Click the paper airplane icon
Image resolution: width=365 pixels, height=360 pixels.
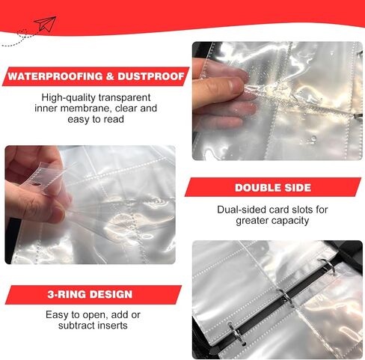point(46,24)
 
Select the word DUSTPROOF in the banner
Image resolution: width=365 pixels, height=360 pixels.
point(151,76)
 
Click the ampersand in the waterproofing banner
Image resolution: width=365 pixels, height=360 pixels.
point(110,76)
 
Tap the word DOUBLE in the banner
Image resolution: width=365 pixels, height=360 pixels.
point(257,188)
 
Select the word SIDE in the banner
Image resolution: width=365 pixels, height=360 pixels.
point(297,188)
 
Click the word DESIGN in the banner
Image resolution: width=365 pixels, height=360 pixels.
point(111,294)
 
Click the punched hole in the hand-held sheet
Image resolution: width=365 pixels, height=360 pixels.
point(37,184)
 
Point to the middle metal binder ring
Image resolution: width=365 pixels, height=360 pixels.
point(286,296)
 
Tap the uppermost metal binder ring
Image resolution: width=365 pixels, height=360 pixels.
point(328,266)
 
